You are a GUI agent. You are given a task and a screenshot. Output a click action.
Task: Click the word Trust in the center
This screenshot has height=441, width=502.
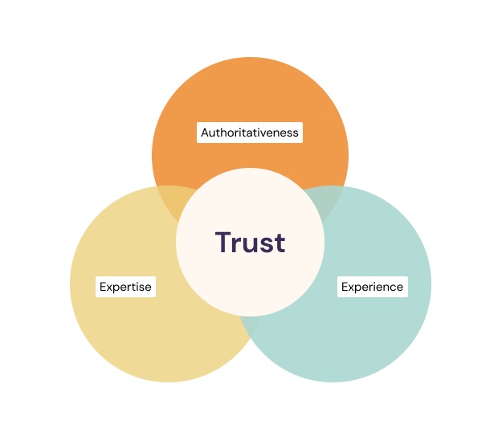[x=250, y=242]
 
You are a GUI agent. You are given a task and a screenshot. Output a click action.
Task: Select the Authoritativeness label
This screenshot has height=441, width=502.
[x=250, y=133]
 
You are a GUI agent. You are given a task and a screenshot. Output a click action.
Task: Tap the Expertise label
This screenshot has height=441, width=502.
[x=125, y=287]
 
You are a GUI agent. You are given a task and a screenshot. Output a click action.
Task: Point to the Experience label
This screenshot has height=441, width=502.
[x=373, y=287]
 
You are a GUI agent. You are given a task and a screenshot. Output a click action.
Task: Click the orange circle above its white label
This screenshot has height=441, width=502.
[x=250, y=88]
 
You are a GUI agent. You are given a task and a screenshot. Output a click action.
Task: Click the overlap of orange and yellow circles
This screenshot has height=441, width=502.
[x=171, y=202]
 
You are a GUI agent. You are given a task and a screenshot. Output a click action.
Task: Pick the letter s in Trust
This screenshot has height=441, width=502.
[x=265, y=244]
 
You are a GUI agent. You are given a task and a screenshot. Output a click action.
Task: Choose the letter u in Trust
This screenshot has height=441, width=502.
[x=250, y=244]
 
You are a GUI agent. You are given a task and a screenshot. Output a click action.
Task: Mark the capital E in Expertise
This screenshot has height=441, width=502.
[x=103, y=287]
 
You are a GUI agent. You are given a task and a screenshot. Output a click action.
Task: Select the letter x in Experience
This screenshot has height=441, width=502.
[x=352, y=288]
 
